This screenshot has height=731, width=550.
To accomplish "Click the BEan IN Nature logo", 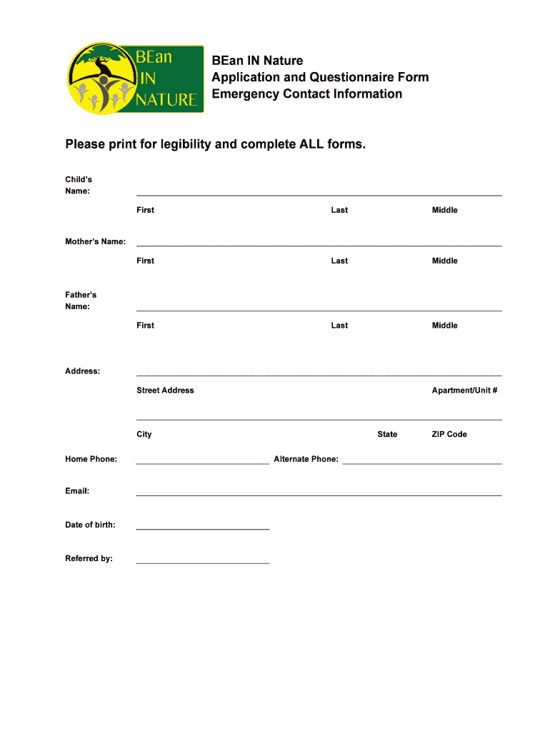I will [135, 76].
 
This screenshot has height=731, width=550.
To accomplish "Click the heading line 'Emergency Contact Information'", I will [306, 94].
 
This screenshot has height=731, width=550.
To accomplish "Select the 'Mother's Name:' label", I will [96, 242].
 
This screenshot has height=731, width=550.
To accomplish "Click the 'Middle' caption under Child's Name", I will [444, 210].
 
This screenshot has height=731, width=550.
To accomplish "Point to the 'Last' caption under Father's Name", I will [339, 326].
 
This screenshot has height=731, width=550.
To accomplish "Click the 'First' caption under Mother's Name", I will [145, 261].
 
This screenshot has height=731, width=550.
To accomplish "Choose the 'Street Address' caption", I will [165, 390].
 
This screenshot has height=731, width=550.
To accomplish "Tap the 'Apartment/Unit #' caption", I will [464, 390].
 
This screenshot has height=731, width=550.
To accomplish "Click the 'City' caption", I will [144, 434].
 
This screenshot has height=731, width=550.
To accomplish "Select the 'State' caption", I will [387, 434].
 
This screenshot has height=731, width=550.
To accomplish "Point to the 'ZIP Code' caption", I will [449, 434].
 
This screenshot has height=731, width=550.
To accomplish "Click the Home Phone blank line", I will [203, 463].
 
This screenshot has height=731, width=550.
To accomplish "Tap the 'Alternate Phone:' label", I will [306, 459].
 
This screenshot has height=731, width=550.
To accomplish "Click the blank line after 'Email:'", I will [319, 494].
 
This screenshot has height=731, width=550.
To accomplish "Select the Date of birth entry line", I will [203, 528].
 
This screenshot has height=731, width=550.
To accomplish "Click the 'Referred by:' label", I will [89, 558].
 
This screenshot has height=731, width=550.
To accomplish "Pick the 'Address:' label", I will [83, 371].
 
